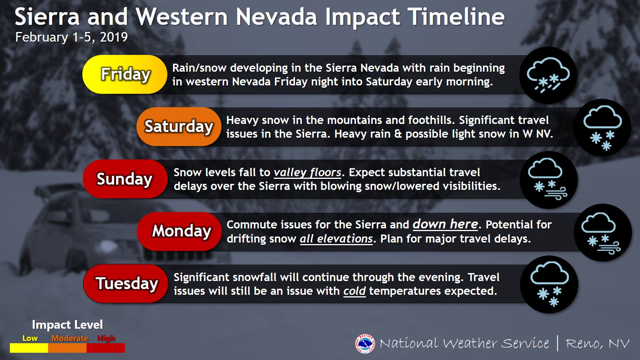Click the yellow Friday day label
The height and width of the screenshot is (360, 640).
coord(125,74)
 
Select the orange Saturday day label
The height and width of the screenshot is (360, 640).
coord(179,127)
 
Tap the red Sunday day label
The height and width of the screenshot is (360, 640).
coord(125,179)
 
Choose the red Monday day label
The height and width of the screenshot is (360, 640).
coord(180,231)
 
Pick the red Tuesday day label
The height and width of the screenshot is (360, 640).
coord(125,284)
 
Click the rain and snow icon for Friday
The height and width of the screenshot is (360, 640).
coord(548,75)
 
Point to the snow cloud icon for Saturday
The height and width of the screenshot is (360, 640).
coord(602,127)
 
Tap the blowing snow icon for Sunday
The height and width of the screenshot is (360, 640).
coord(548,179)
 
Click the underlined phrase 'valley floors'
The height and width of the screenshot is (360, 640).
coord(308,173)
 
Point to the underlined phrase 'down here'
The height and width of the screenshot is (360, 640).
coord(446,224)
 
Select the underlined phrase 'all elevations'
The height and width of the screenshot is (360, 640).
coord(336,239)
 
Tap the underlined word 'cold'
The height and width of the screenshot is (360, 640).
coord(354,291)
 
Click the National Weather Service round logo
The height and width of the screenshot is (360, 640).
coord(365,344)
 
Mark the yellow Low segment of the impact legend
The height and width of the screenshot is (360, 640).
coord(29,348)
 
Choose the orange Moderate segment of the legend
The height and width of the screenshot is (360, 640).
coord(67,348)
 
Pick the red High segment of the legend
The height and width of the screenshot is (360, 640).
coord(106,348)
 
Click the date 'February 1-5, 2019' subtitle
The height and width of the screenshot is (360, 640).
coord(71,37)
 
